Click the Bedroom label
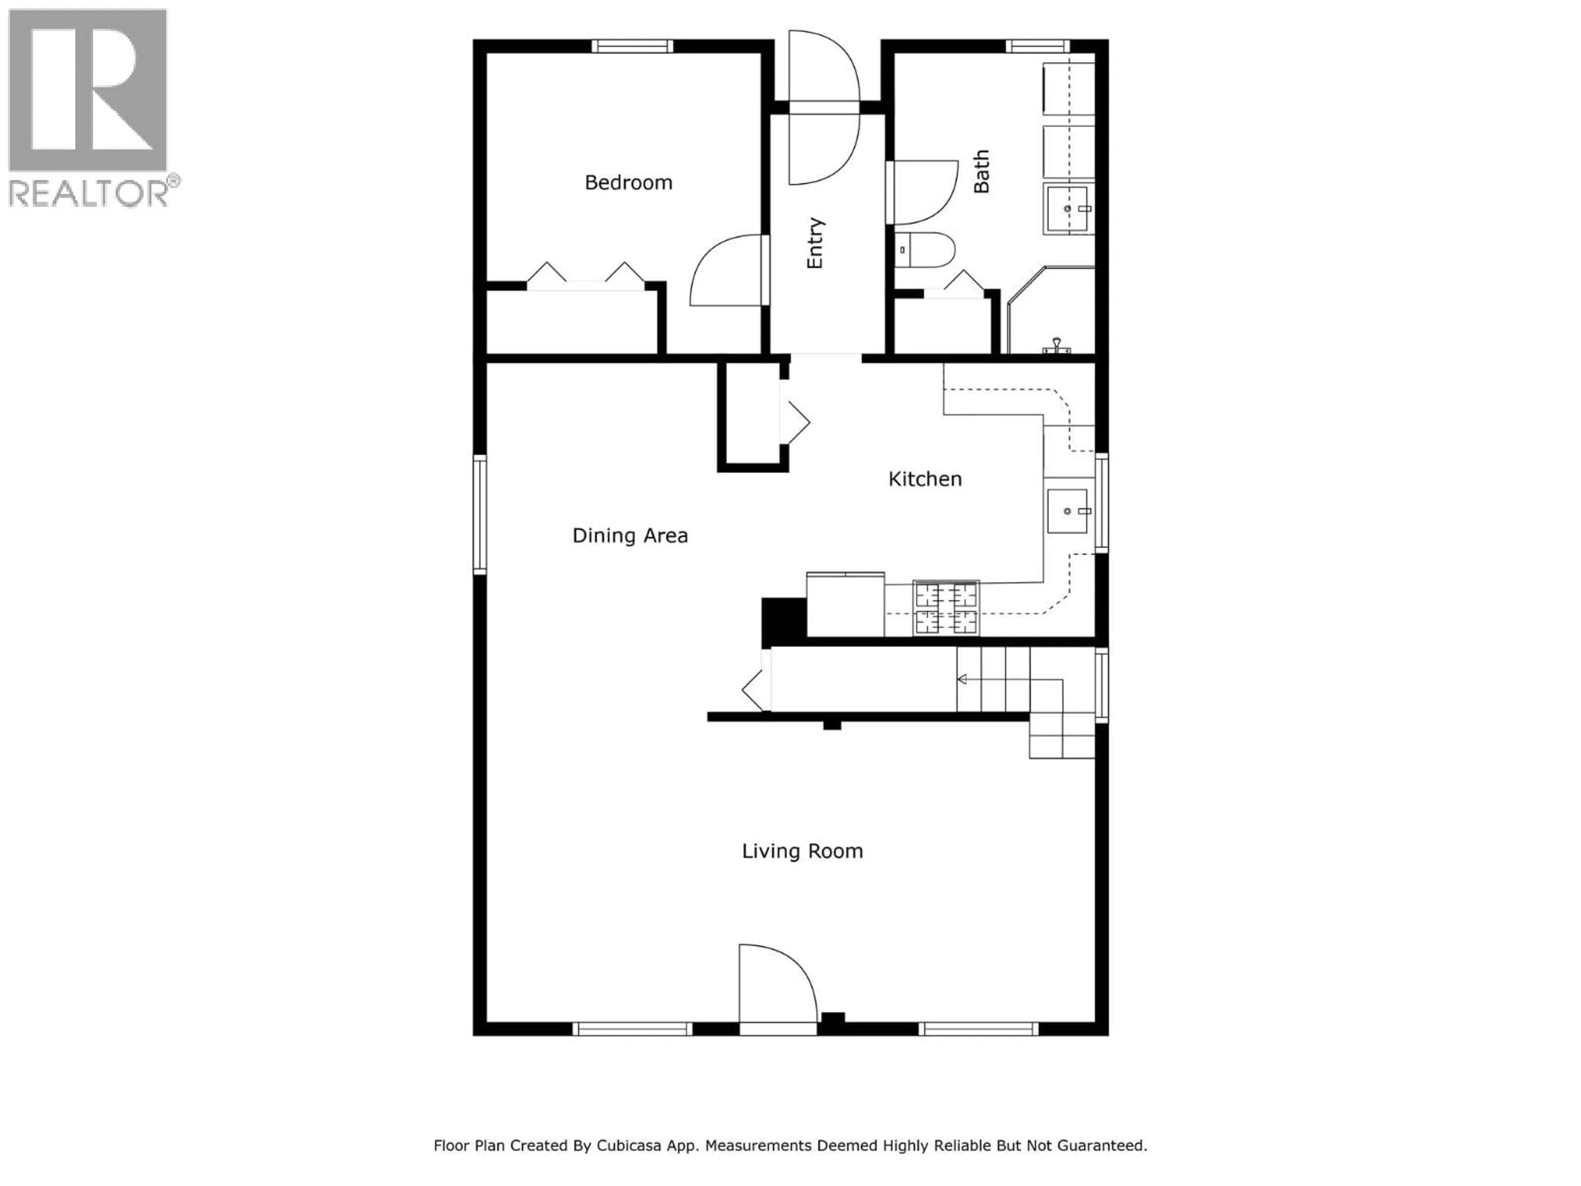click(x=628, y=182)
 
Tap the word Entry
click(x=815, y=243)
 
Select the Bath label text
click(x=982, y=172)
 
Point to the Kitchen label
click(x=924, y=479)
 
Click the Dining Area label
click(x=630, y=535)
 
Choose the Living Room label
click(x=802, y=851)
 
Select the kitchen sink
click(x=1067, y=511)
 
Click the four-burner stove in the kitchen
click(x=946, y=608)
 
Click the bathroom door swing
click(x=926, y=193)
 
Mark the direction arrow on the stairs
click(x=963, y=679)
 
